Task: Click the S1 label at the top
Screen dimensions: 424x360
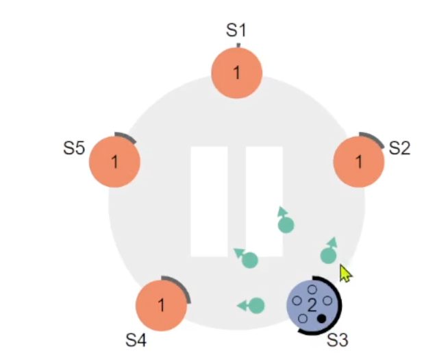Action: point(236,29)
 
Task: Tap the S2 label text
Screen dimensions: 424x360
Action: point(399,147)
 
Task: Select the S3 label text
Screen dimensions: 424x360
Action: point(337,339)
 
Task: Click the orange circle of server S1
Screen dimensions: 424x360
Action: point(236,73)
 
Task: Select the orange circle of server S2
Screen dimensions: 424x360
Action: point(358,163)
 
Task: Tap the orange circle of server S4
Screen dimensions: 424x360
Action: point(162,305)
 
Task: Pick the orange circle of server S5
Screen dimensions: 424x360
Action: point(115,163)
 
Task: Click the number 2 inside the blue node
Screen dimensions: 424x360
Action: point(312,304)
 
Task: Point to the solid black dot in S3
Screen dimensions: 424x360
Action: point(321,319)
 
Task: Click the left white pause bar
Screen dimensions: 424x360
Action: point(209,201)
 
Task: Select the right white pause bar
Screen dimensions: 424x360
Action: point(264,201)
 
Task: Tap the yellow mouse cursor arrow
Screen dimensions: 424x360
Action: point(346,274)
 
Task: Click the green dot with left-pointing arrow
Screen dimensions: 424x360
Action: point(256,305)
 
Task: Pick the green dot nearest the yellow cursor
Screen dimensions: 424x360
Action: point(328,256)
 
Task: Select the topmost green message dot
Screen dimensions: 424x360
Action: point(285,224)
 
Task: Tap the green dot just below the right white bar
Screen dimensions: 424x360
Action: point(250,260)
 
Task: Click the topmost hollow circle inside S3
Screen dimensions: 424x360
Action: point(312,289)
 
